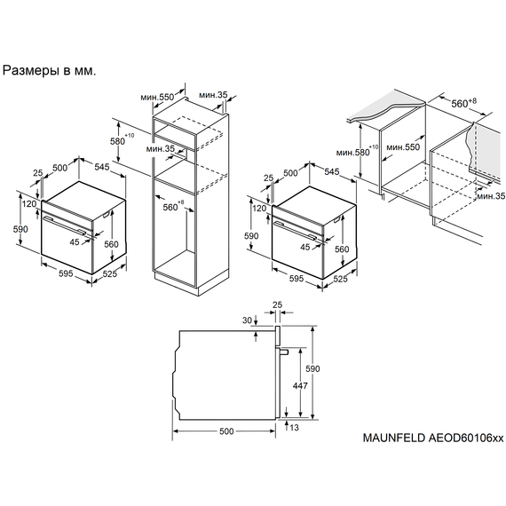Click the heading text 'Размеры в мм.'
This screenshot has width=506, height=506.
[49, 68]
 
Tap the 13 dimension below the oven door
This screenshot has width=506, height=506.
[293, 428]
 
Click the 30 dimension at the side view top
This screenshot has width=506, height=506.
[246, 320]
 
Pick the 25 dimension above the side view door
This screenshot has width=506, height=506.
[278, 306]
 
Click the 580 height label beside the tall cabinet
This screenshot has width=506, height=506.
[117, 141]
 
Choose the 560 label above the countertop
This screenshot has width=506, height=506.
[460, 103]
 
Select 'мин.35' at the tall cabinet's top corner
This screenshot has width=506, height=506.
[213, 95]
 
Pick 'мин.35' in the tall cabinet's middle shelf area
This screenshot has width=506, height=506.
[162, 149]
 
